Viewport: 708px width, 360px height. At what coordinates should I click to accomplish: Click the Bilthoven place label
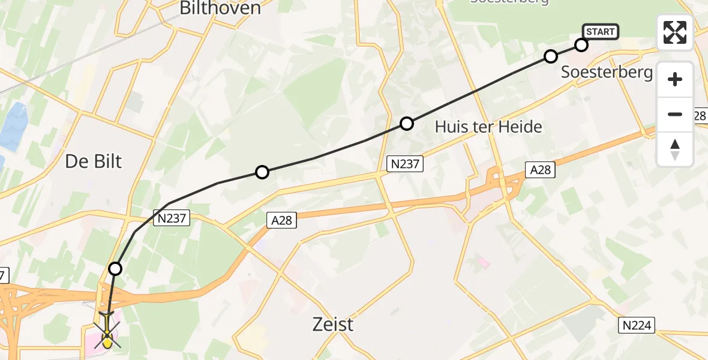click(x=220, y=8)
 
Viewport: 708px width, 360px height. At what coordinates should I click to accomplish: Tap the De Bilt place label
click(x=93, y=161)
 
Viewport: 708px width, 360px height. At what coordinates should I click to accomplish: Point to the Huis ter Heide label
click(x=488, y=127)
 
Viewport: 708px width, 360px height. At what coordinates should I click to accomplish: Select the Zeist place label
click(x=333, y=325)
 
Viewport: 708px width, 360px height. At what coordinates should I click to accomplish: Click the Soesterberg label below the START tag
click(x=607, y=73)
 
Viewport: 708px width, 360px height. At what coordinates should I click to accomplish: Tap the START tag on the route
click(x=600, y=31)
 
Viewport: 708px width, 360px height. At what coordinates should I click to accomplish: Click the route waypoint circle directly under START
click(x=581, y=45)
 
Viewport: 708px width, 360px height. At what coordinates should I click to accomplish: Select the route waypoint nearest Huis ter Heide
click(x=407, y=124)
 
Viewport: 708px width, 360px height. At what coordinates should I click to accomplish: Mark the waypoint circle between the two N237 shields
click(x=262, y=173)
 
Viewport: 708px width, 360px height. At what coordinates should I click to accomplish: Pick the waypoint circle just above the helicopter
click(x=115, y=269)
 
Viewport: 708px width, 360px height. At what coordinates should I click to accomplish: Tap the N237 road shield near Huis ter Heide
click(x=405, y=164)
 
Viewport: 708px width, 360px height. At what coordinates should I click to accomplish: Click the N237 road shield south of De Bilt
click(x=172, y=220)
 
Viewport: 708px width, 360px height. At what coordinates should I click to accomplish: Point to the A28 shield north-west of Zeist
click(x=281, y=221)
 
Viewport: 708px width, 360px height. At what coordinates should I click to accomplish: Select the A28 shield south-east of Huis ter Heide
click(x=540, y=170)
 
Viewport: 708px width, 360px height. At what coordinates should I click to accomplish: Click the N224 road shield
click(x=637, y=325)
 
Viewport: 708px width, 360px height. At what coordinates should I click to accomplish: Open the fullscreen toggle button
click(x=675, y=32)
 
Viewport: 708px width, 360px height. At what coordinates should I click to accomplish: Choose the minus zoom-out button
click(x=675, y=115)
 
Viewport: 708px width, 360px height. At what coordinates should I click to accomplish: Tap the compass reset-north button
click(x=675, y=149)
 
